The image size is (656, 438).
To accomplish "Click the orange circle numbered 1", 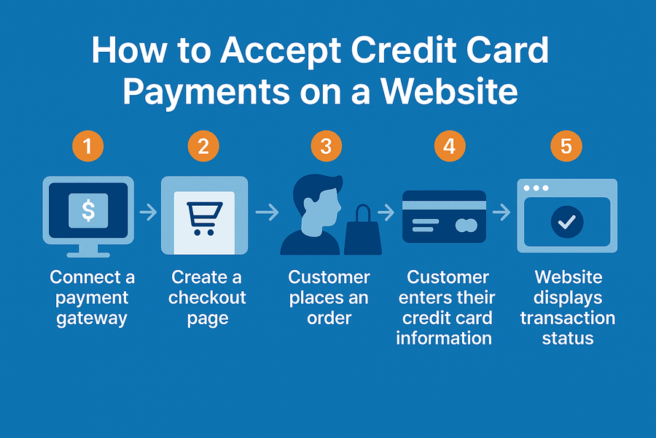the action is [88, 146].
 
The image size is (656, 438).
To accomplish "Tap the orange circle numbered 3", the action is [327, 146].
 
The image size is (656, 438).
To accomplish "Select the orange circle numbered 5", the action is [566, 146].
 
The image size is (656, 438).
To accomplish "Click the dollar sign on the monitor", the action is [88, 210].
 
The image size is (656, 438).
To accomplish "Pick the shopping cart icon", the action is [205, 218].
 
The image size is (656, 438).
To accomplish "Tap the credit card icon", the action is [445, 217].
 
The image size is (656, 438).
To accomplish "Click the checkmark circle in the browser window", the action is [567, 222].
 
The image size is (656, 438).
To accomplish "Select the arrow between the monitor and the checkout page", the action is [148, 212].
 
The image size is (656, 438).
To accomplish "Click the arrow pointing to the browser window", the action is [501, 212].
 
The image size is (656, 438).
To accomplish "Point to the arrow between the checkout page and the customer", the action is [267, 212].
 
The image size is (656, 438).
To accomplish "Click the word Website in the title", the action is [449, 91].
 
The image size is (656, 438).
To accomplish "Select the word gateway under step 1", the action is [92, 319].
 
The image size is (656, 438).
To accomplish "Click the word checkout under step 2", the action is [207, 298].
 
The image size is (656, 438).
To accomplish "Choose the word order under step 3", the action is [329, 318].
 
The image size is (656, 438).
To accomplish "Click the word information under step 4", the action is [444, 338].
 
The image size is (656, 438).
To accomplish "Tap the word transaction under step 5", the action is [568, 318].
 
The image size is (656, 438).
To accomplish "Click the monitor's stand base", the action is [88, 255].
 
